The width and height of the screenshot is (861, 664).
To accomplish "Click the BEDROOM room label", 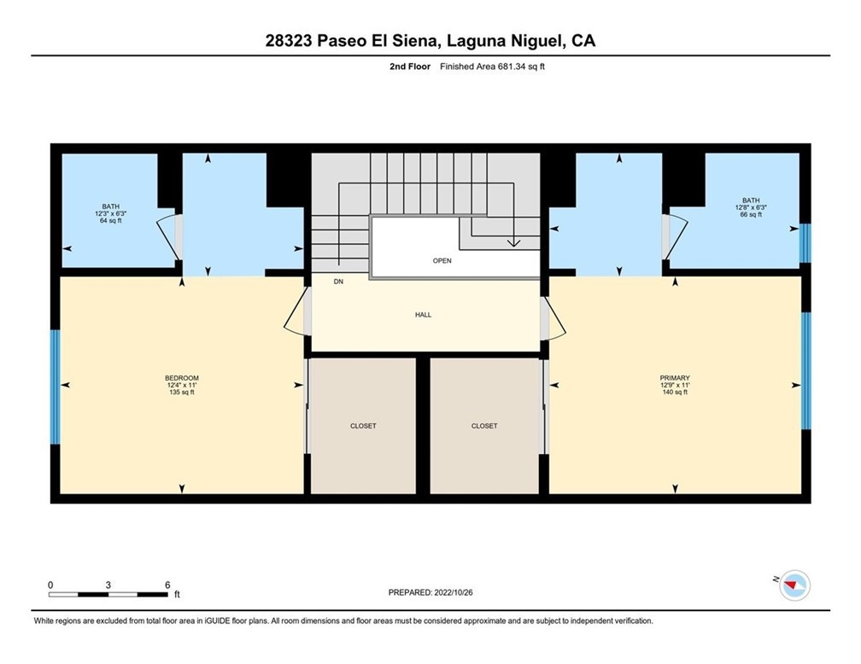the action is pyautogui.click(x=182, y=378).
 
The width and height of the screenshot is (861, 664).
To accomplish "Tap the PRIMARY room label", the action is pyautogui.click(x=675, y=378).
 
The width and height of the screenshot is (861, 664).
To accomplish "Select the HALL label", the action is pyautogui.click(x=424, y=315).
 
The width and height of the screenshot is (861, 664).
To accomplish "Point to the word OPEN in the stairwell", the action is pyautogui.click(x=442, y=260).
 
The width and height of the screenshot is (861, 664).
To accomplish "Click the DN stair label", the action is pyautogui.click(x=338, y=282).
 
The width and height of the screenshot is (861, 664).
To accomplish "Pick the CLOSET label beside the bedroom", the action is pyautogui.click(x=364, y=426).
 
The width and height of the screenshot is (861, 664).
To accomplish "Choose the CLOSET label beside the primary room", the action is pyautogui.click(x=484, y=426).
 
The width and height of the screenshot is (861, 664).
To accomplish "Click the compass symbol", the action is pyautogui.click(x=794, y=585).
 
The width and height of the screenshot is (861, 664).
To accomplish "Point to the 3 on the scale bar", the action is pyautogui.click(x=108, y=585).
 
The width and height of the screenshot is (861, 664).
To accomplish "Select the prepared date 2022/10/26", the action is pyautogui.click(x=454, y=592).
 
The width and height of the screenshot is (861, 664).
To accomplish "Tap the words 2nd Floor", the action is pyautogui.click(x=410, y=67).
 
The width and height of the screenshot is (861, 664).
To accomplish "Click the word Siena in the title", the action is pyautogui.click(x=414, y=41).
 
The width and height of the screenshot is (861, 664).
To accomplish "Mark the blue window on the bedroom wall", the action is pyautogui.click(x=55, y=387).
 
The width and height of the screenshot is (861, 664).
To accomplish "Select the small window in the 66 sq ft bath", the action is pyautogui.click(x=805, y=243).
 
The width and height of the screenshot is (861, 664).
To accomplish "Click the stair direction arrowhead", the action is pyautogui.click(x=513, y=242).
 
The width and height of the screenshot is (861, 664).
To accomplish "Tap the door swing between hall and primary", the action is pyautogui.click(x=553, y=318).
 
